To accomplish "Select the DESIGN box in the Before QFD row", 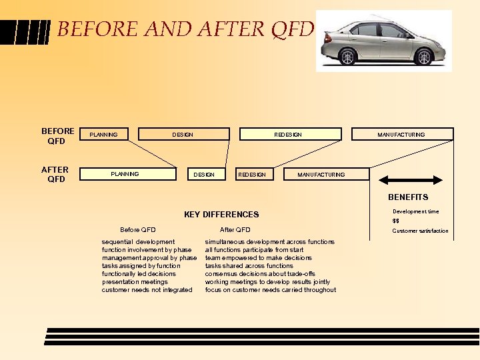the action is click(x=183, y=134).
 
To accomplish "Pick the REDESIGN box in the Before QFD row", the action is click(x=288, y=134).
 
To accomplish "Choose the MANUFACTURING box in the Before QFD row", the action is click(x=401, y=134).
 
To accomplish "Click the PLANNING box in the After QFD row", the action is click(x=125, y=174).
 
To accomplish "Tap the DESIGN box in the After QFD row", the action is click(x=204, y=174).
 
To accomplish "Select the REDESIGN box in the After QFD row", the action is click(x=252, y=174).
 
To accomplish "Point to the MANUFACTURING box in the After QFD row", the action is click(x=321, y=174).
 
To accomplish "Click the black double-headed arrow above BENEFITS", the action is click(x=410, y=180).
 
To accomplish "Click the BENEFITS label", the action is click(x=409, y=197).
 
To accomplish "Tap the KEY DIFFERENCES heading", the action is click(x=221, y=215).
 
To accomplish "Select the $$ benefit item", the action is click(x=396, y=221).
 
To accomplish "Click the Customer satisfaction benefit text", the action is click(x=420, y=231).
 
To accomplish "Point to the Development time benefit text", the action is click(x=415, y=211).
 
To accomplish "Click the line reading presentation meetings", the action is click(x=135, y=282).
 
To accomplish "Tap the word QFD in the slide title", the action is click(x=289, y=29).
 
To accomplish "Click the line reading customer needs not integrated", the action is click(x=147, y=290).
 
